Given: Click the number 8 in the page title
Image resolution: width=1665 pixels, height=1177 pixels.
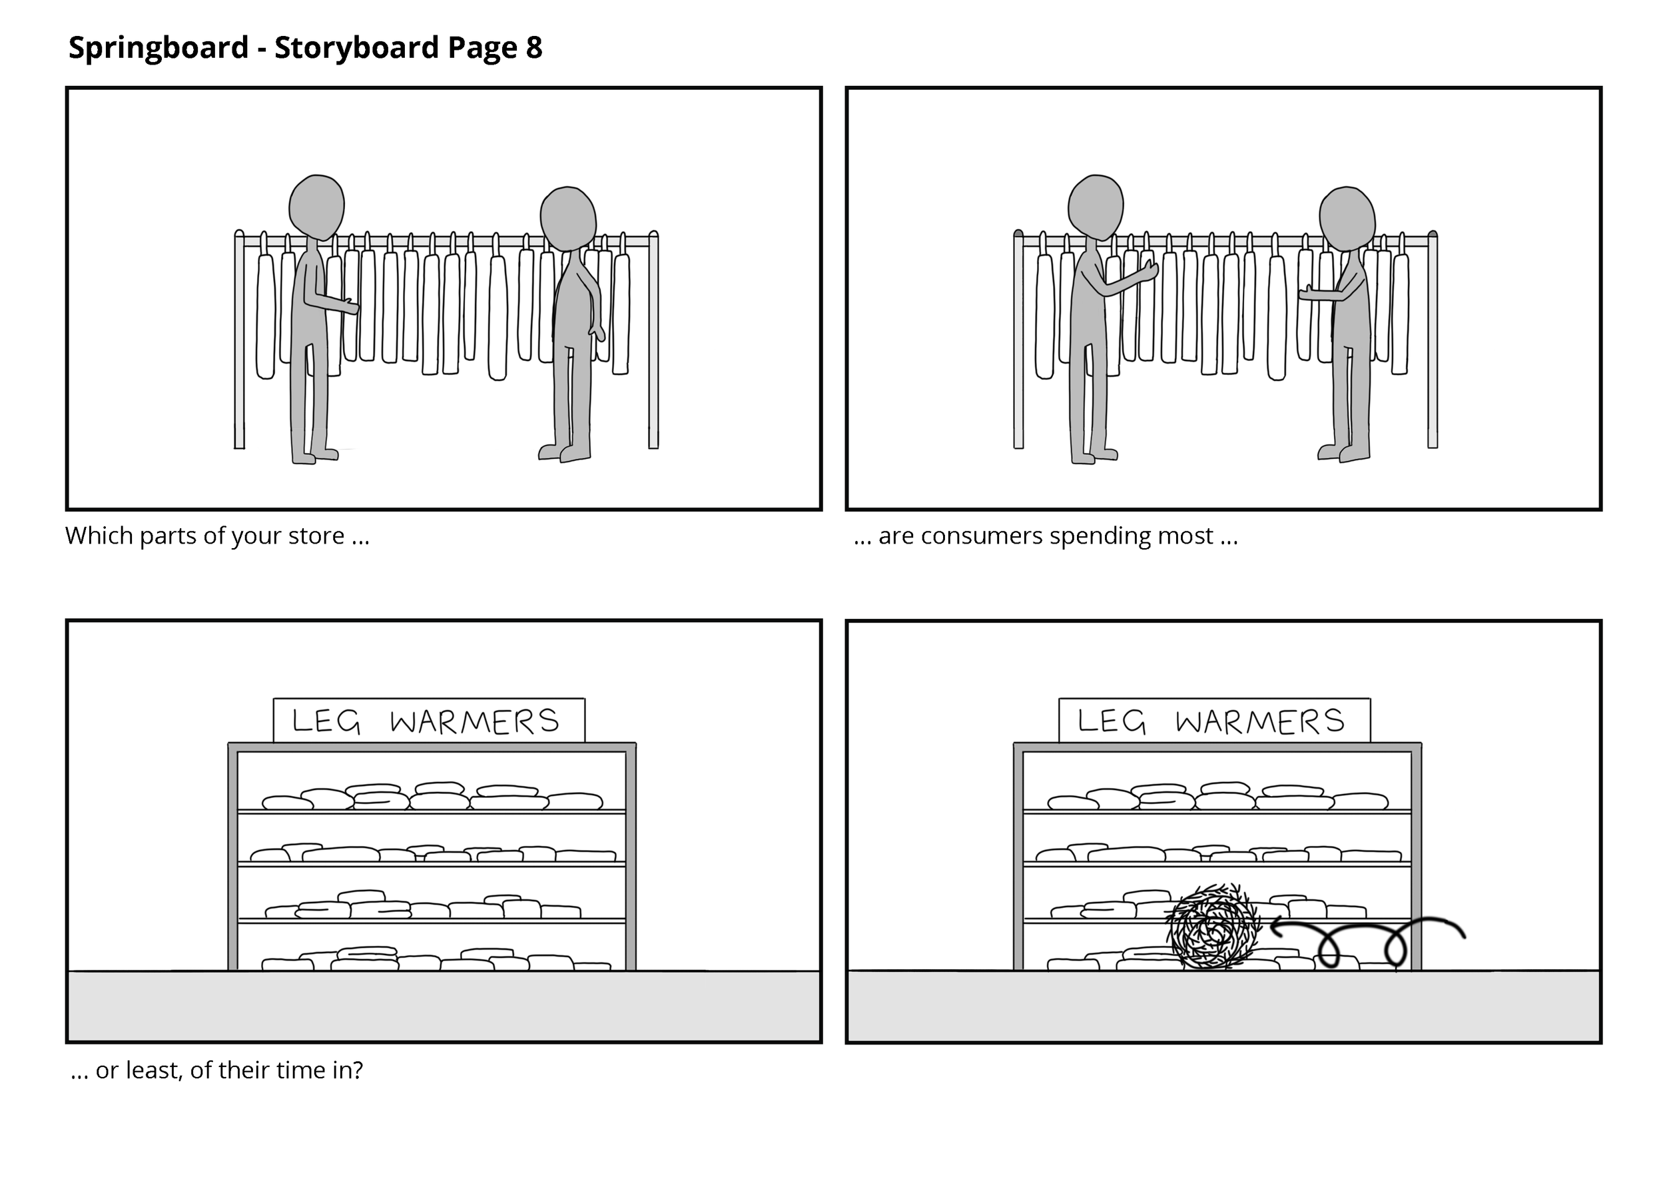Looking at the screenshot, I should click(533, 48).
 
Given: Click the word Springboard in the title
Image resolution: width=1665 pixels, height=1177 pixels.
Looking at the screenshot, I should click(158, 48).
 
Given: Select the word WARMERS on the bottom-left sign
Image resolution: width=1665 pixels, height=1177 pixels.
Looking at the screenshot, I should click(474, 721).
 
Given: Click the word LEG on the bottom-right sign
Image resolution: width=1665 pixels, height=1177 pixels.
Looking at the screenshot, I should click(1111, 721).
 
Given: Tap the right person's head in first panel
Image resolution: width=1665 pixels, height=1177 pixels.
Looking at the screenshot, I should click(568, 218).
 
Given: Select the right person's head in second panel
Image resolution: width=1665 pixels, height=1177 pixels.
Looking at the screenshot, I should click(1347, 218).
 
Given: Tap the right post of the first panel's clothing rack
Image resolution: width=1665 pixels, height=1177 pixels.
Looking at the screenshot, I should click(653, 341).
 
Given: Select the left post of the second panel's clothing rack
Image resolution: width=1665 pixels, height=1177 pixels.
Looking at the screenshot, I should click(1018, 341).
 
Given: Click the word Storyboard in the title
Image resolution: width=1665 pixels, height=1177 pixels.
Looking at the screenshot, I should click(356, 48).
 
